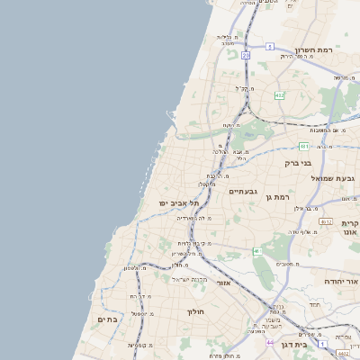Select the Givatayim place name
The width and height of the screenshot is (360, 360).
pyautogui.click(x=243, y=191)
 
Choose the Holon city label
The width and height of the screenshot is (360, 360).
pyautogui.click(x=195, y=312)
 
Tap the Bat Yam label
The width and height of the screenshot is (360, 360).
pyautogui.click(x=106, y=319)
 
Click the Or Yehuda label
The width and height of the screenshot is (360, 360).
pyautogui.click(x=342, y=282)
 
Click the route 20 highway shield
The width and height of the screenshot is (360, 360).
pyautogui.click(x=245, y=55)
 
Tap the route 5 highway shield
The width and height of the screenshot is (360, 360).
pyautogui.click(x=270, y=46)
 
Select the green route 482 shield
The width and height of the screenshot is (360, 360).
pyautogui.click(x=280, y=94)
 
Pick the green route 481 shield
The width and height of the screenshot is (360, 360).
pyautogui.click(x=304, y=145)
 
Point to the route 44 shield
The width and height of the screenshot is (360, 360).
pyautogui.click(x=270, y=342)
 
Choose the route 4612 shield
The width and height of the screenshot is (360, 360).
pyautogui.click(x=326, y=220)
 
